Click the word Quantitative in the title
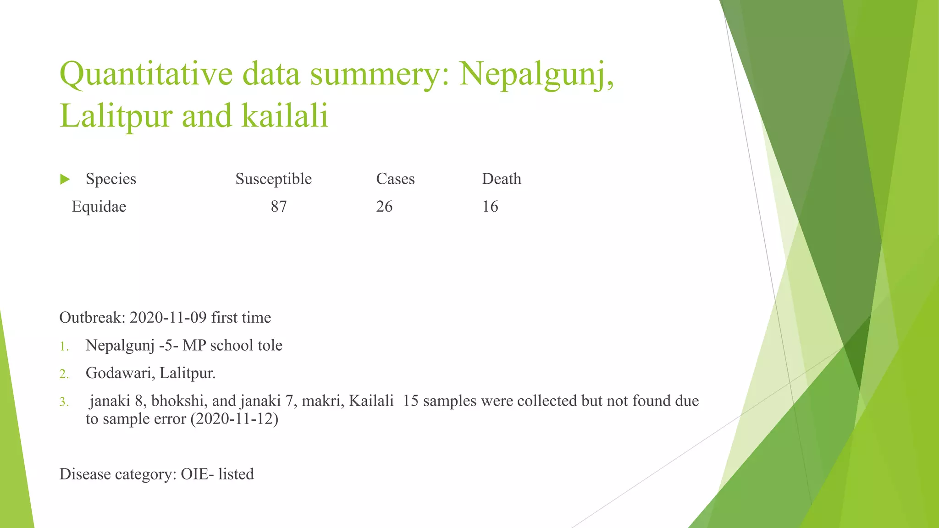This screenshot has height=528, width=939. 146,74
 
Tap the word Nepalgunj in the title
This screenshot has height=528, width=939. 536,74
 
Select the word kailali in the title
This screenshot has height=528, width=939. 285,115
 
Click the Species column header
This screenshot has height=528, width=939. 111,179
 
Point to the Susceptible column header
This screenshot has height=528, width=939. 273,179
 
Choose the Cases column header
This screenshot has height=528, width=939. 395,179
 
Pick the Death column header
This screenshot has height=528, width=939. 501,179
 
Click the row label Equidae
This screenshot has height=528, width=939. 99,207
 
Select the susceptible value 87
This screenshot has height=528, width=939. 279,207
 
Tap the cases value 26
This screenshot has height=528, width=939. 384,207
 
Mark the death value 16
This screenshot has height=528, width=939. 490,207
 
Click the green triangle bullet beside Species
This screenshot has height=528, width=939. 65,179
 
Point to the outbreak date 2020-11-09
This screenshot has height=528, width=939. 168,318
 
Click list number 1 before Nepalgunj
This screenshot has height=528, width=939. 64,346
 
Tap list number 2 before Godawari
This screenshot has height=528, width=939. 64,374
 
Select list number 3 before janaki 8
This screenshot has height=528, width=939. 64,402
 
